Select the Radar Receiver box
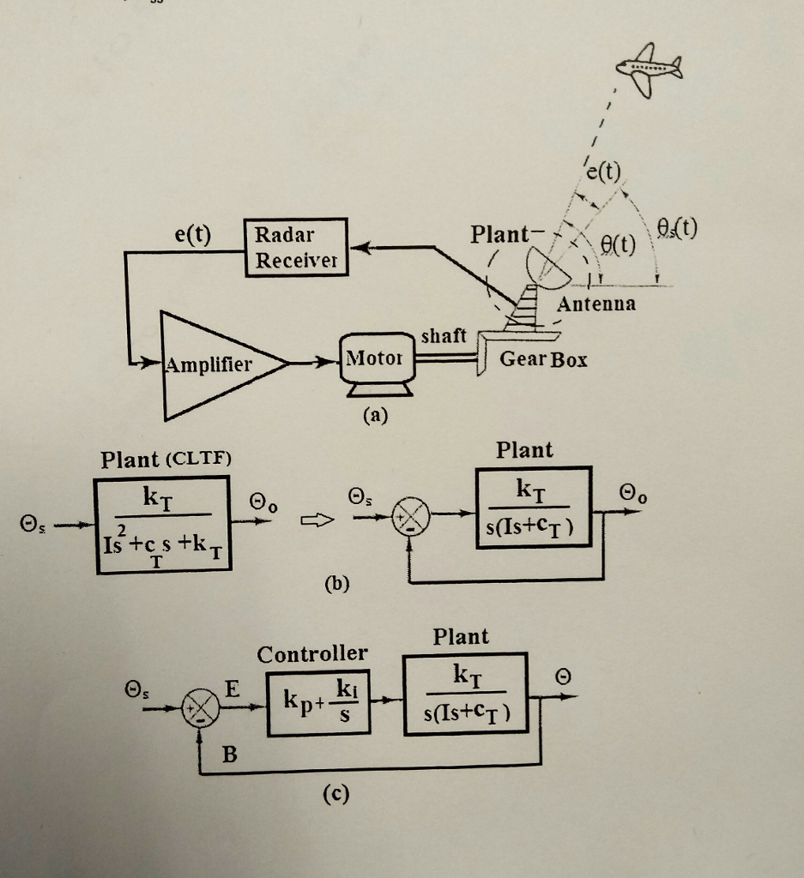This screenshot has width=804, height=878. [x=297, y=246]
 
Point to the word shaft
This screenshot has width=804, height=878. [x=443, y=337]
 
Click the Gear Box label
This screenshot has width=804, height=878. [x=543, y=359]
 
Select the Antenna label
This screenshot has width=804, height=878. [x=596, y=304]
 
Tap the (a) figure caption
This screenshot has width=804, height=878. [x=375, y=416]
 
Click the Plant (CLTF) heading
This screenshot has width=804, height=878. [x=166, y=460]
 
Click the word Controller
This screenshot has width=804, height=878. [x=312, y=655]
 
